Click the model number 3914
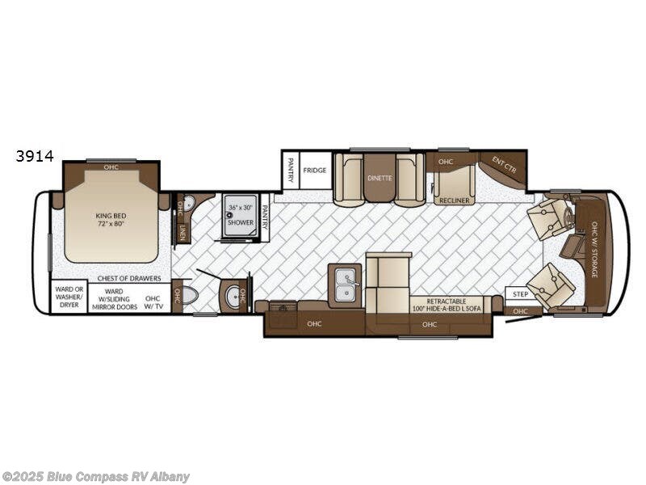34,157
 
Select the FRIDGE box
315,171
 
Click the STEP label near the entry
521,294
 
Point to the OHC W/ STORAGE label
595,250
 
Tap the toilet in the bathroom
189,295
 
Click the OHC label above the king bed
111,167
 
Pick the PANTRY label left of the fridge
291,170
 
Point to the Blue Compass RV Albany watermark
95,476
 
